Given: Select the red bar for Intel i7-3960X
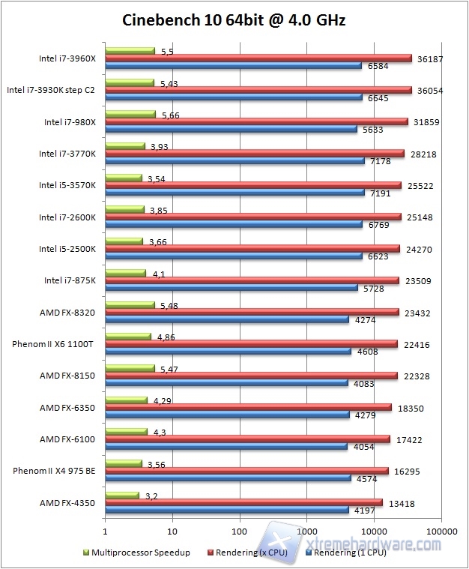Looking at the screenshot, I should (258, 58).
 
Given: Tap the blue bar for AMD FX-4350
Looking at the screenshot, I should (227, 511).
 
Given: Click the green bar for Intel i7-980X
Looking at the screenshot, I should (130, 115).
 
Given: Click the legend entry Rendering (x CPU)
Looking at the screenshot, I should (249, 553).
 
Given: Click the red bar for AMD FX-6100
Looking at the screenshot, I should (247, 439).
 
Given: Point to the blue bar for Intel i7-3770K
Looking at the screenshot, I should (234, 160).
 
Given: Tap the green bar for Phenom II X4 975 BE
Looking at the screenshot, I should (124, 463).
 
